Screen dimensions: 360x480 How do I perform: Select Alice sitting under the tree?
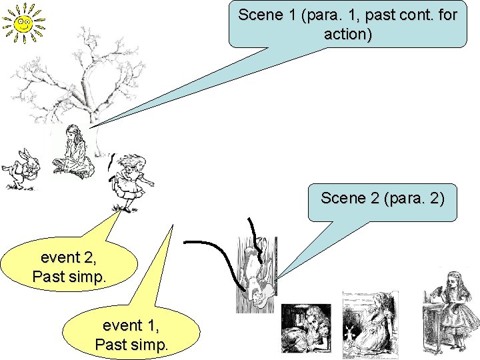click(71, 153)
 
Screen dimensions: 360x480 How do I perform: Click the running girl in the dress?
click(130, 180)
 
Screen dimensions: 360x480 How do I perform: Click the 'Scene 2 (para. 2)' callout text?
click(382, 198)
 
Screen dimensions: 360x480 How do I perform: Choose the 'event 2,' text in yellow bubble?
click(68, 257)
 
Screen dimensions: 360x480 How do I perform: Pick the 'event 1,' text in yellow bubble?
click(132, 325)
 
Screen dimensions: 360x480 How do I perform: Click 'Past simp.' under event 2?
click(68, 277)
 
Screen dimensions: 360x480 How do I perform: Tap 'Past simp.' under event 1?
click(132, 345)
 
